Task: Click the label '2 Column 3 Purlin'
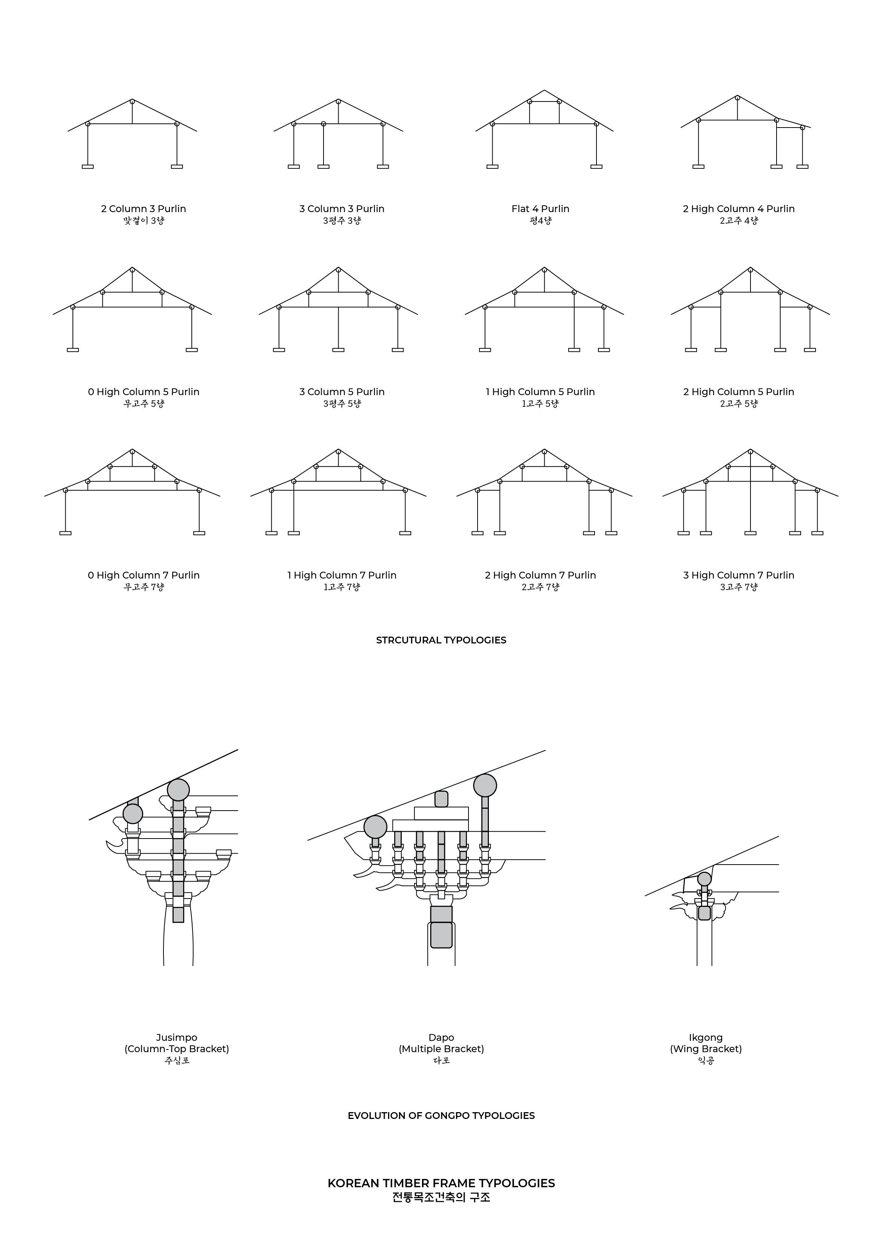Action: [143, 209]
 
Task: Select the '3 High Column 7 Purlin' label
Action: [738, 575]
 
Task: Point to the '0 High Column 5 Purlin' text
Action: [143, 392]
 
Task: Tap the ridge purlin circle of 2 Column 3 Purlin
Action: [132, 102]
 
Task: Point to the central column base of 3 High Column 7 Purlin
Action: [750, 533]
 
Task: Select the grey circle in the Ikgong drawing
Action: [704, 879]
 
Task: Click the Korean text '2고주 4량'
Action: [738, 221]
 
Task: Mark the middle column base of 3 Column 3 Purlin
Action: [324, 167]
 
